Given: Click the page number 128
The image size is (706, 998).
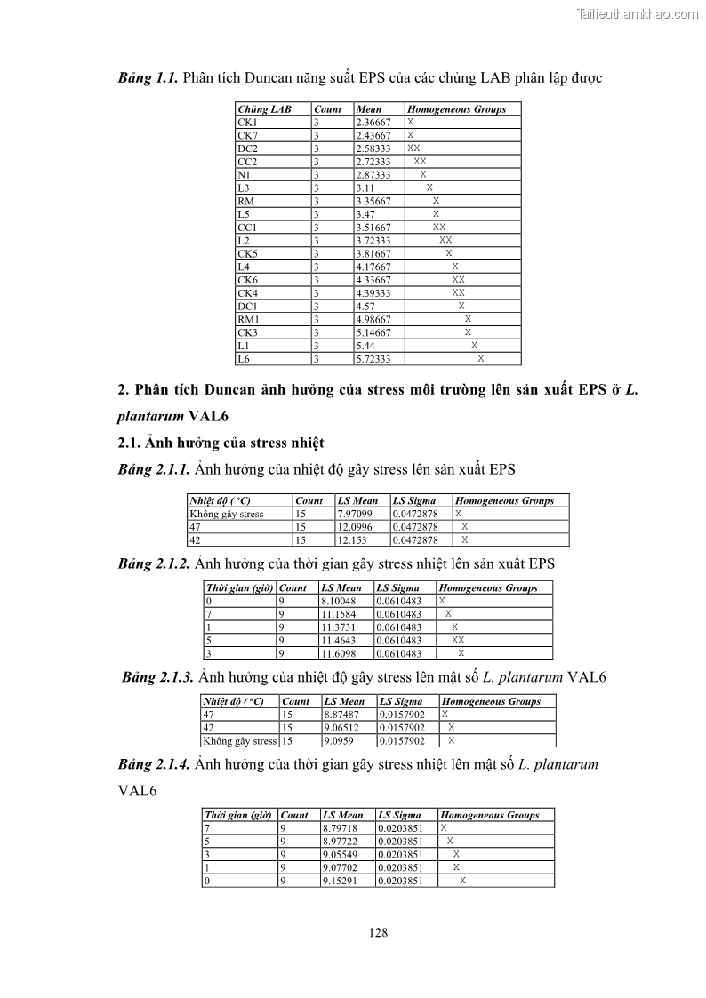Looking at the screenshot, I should point(378,932).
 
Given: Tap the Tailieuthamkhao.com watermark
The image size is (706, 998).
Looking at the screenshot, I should point(638,13).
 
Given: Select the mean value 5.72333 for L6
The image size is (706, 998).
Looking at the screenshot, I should point(373,359).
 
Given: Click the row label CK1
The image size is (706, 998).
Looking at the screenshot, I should point(246,122).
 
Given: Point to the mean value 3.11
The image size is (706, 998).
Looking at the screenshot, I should point(365,188).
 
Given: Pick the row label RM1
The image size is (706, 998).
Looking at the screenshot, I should point(248,319).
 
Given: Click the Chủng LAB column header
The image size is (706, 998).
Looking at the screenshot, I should point(264,108).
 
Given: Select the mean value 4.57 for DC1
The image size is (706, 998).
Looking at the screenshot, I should point(365,306).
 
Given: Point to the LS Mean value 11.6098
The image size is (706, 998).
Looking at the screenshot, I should point(338,653).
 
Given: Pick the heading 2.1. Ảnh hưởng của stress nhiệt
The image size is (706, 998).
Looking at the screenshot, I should point(221,442).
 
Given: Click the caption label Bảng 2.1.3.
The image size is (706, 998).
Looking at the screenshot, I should point(158,677).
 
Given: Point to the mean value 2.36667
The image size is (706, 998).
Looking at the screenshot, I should point(373,122).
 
